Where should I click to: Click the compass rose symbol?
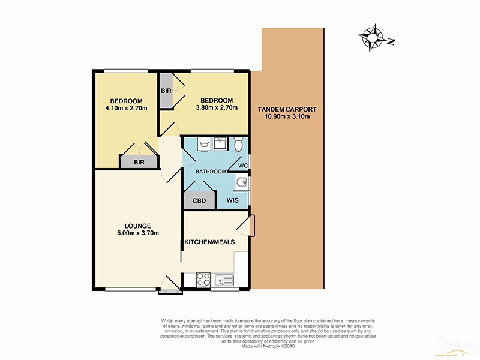click(x=373, y=38)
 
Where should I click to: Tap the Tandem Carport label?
click(x=287, y=109)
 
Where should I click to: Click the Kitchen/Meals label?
click(x=209, y=242)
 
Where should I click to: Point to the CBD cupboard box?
click(x=199, y=200)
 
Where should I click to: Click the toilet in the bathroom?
click(x=238, y=144)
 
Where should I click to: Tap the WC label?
click(x=243, y=166)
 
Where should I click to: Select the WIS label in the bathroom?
click(x=234, y=200)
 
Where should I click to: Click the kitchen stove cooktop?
click(x=203, y=280)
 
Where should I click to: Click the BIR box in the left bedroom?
click(x=139, y=162)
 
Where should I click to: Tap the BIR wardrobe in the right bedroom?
click(x=166, y=91)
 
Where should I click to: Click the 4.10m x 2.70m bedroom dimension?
click(x=125, y=108)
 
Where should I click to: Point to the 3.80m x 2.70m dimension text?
click(x=216, y=108)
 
